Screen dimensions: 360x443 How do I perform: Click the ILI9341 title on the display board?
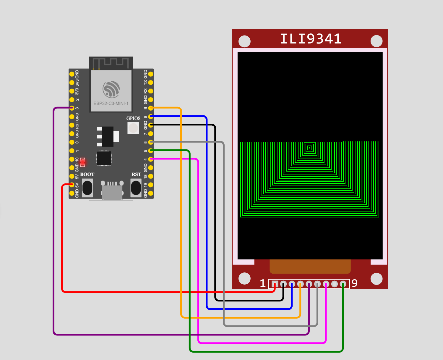pyautogui.click(x=311, y=39)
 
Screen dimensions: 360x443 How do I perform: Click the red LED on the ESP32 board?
pyautogui.click(x=83, y=162)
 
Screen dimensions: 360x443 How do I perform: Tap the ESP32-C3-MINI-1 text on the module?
pyautogui.click(x=111, y=104)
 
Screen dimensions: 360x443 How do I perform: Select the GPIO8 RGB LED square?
pyautogui.click(x=133, y=128)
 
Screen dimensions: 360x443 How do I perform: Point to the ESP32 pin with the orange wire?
pyautogui.click(x=151, y=108)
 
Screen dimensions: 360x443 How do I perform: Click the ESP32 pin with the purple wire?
pyautogui.click(x=72, y=108)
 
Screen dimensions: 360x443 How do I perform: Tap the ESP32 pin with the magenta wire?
pyautogui.click(x=151, y=159)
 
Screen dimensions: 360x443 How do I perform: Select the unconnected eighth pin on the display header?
pyautogui.click(x=335, y=284)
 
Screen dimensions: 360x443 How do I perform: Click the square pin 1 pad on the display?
pyautogui.click(x=275, y=284)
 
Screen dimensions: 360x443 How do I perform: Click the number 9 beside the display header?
pyautogui.click(x=355, y=283)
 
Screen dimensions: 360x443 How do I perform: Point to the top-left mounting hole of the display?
pyautogui.click(x=244, y=41)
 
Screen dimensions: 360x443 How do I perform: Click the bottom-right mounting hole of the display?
pyautogui.click(x=377, y=279)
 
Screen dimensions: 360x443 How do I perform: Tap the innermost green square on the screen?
pyautogui.click(x=309, y=148)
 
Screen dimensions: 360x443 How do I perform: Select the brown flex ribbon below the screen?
pyautogui.click(x=310, y=266)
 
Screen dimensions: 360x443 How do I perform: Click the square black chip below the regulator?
pyautogui.click(x=104, y=158)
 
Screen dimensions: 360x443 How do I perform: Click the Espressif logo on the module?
pyautogui.click(x=111, y=89)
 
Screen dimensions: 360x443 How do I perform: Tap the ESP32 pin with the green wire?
pyautogui.click(x=151, y=151)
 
